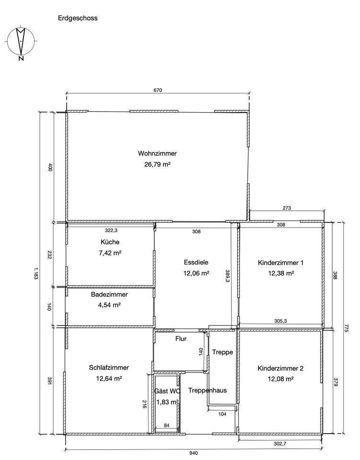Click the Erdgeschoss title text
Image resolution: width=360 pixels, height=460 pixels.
click(78, 18)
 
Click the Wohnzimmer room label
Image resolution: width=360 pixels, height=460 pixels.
click(157, 153)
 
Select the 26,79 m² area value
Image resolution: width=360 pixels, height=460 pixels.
click(157, 164)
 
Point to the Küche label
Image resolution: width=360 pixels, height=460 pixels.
click(110, 241)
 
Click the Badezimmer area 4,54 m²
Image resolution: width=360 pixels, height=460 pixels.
click(109, 305)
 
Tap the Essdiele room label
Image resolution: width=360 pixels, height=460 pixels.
click(196, 262)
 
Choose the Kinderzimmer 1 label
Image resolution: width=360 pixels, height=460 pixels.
click(281, 263)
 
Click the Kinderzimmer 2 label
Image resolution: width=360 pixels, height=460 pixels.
click(280, 368)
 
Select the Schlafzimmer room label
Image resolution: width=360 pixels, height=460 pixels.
click(109, 368)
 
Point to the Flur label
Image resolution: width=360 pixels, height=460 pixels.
click(181, 339)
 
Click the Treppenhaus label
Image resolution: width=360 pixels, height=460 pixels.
click(208, 390)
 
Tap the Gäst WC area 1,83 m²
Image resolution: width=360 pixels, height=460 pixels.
click(167, 402)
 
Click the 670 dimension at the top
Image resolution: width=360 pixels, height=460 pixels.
click(158, 90)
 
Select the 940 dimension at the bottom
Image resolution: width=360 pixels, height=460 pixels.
click(194, 453)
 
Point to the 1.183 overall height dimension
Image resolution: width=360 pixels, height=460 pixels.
click(36, 273)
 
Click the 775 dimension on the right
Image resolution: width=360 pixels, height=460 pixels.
click(346, 328)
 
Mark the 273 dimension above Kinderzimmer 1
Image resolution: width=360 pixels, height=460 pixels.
click(287, 207)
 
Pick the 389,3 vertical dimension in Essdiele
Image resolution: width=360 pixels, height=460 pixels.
click(227, 276)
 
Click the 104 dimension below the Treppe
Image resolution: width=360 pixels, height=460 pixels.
click(222, 414)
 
